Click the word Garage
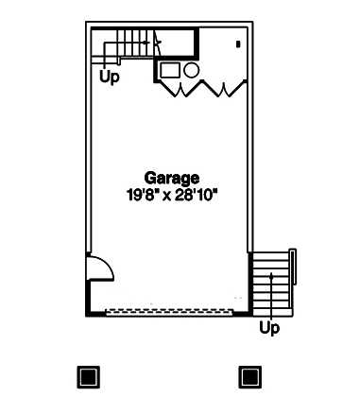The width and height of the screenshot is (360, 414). coord(172,177)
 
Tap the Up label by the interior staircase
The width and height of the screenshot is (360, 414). coord(110,77)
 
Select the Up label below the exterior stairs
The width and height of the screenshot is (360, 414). coord(270,329)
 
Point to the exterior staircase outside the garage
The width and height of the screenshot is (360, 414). coord(271,283)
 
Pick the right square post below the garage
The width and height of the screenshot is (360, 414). coord(249,377)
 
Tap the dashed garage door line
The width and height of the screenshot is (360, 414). coord(171,311)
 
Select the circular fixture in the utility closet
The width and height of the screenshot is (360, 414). coord(190,70)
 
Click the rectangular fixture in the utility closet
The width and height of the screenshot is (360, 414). coord(170,71)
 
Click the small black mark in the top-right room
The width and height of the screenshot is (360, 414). coord(238,43)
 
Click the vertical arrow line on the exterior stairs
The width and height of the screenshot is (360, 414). coord(272,293)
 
